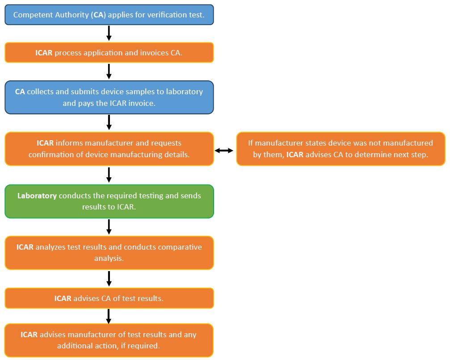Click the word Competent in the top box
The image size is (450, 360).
[32, 15]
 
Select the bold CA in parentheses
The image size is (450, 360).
[98, 15]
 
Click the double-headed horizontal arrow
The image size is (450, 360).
[224, 150]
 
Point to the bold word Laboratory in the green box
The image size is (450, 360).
[37, 196]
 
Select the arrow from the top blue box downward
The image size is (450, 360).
[109, 33]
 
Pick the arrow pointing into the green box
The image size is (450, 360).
[109, 175]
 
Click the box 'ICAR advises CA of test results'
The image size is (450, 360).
[109, 298]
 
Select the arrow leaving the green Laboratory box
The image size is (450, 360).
[109, 227]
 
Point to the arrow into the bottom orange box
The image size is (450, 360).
[109, 316]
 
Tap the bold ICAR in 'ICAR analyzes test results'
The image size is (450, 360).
[25, 247]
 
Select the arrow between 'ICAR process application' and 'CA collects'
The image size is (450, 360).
[109, 71]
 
